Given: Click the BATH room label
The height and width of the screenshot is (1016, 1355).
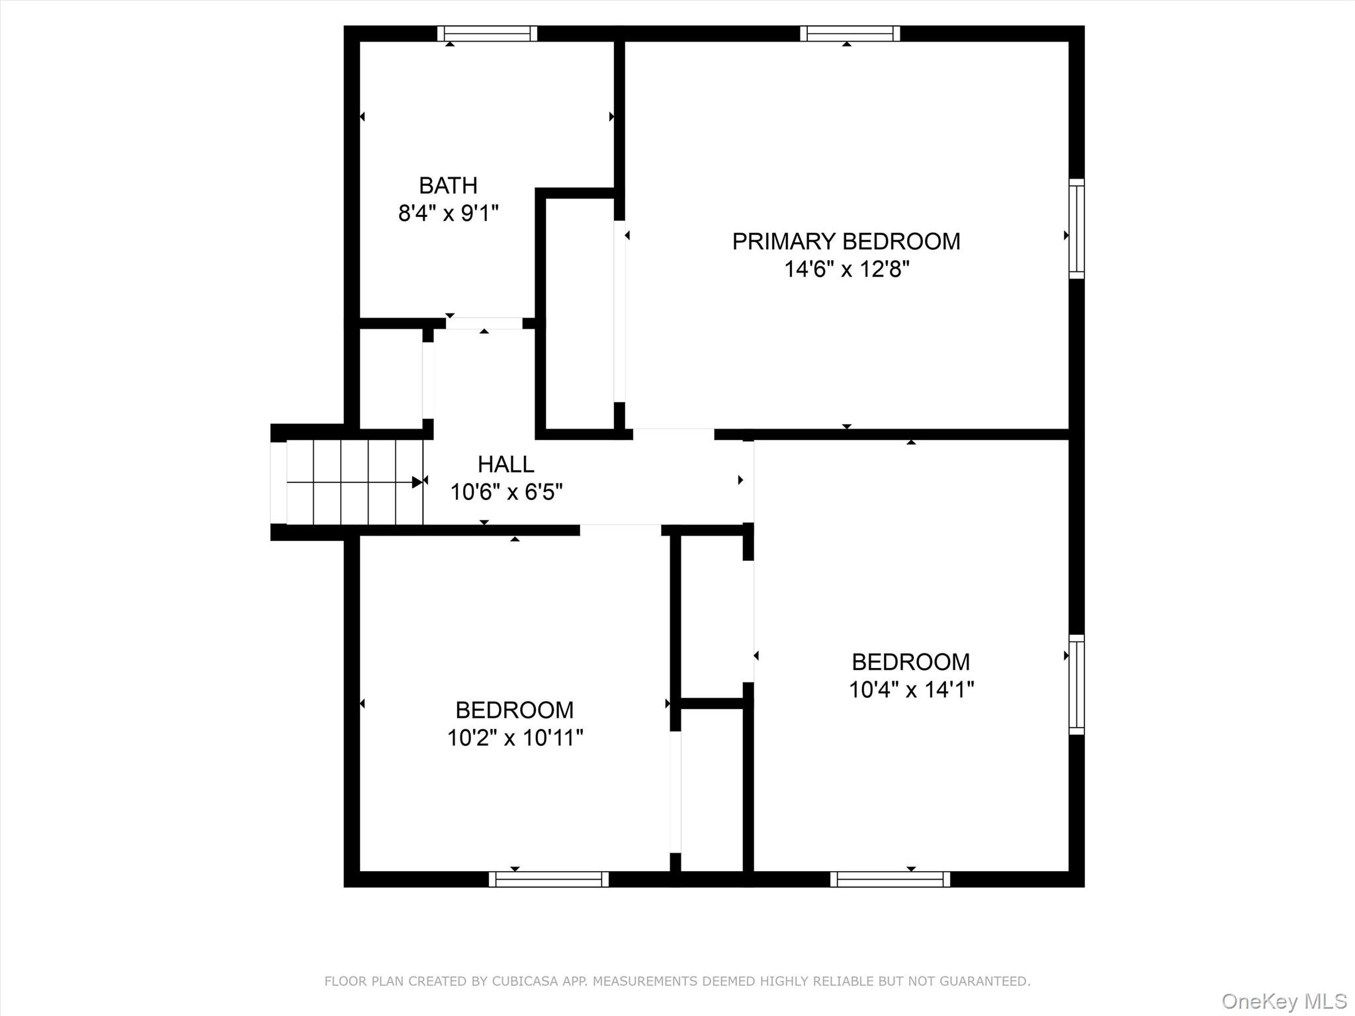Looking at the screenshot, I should point(448,185).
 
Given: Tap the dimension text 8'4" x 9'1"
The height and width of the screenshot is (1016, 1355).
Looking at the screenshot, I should point(448,214).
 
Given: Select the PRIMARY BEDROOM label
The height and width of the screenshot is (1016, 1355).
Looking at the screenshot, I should point(846,241).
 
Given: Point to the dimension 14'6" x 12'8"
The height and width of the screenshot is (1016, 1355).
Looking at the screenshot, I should point(846,269).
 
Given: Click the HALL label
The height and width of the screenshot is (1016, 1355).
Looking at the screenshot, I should point(505,464).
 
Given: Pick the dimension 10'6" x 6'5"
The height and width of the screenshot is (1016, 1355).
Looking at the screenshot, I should point(506,492).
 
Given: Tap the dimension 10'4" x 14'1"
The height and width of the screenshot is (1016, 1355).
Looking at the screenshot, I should point(910,690).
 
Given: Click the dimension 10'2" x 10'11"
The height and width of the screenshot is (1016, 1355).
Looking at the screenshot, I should point(515,738).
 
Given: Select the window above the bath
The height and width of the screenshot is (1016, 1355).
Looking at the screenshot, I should point(487,33).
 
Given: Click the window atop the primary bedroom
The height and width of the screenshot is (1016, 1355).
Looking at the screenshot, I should point(850,33).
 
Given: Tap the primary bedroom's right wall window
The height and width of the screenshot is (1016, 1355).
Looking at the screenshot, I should point(1076,228).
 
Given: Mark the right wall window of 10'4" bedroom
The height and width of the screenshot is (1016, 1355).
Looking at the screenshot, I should point(1076,684).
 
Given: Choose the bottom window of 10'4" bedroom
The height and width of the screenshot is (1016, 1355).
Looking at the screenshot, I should point(889,879).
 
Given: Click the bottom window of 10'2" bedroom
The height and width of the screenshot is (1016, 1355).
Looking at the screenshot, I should point(548,879).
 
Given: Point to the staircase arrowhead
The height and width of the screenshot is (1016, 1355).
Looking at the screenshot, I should point(417,482).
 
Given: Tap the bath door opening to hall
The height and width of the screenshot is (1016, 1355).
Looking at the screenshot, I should point(484,323).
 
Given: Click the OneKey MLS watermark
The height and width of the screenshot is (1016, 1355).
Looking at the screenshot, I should point(1284,1001).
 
